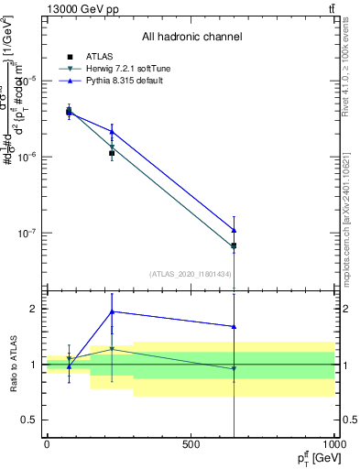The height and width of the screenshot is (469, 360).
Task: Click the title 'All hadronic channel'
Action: pos(191,37)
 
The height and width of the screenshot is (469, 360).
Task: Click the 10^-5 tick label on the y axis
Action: pos(27,81)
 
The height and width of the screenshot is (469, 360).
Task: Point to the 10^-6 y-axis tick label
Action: pos(27,157)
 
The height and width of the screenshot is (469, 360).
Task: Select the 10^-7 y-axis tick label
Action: pos(27,234)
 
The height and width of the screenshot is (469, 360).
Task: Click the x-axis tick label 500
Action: pos(191,444)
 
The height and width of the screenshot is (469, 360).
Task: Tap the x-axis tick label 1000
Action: pos(333,444)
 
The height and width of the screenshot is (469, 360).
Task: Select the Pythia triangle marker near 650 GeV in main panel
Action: pos(235,230)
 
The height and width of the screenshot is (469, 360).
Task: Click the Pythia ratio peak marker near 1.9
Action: pos(112,311)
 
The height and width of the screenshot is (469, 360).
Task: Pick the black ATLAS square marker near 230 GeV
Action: pos(112,153)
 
